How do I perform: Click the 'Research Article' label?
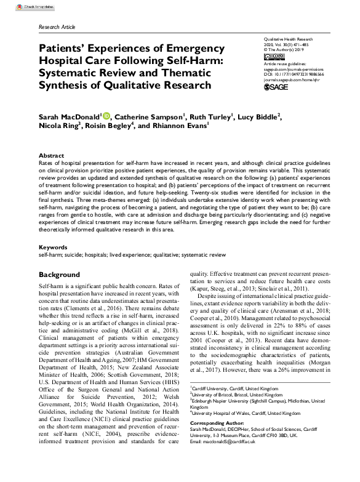(57, 28)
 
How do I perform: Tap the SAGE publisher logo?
(276, 87)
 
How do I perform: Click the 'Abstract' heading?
(51, 156)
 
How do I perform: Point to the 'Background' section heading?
(59, 274)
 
